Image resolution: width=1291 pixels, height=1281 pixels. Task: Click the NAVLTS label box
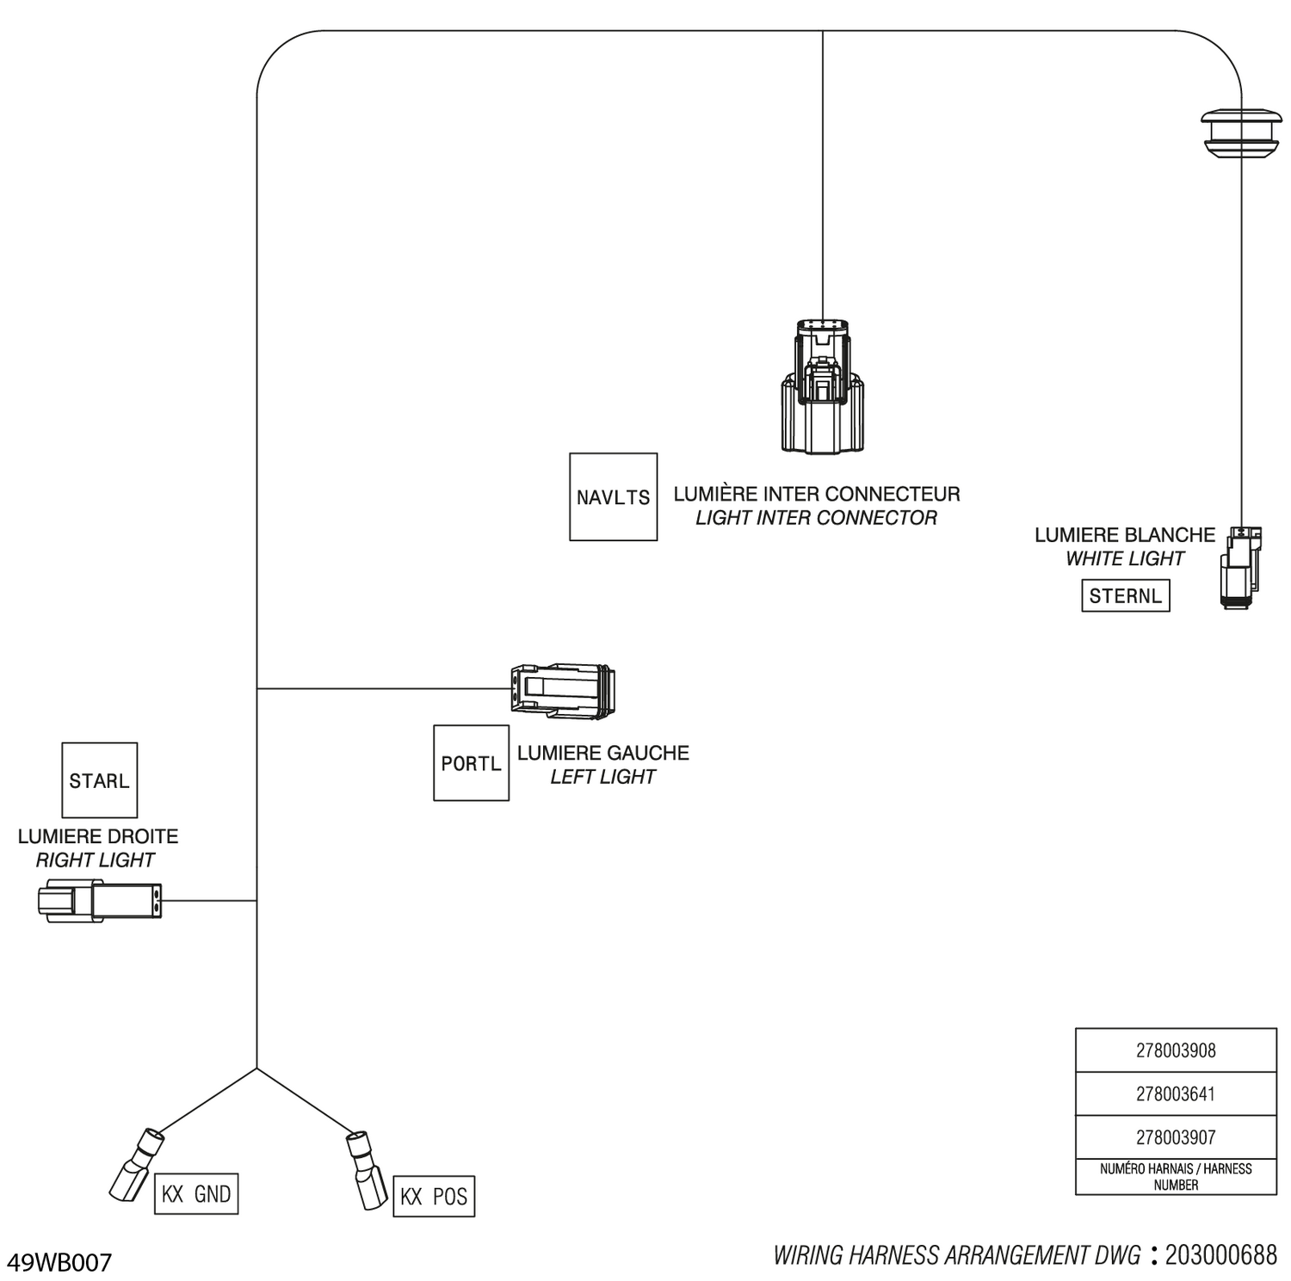tap(614, 497)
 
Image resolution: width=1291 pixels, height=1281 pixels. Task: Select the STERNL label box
tap(1126, 595)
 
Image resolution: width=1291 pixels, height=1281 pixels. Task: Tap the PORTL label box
tap(471, 763)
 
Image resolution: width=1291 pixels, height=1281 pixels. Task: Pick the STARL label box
tap(100, 780)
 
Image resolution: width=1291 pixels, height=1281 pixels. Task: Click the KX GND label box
tap(196, 1194)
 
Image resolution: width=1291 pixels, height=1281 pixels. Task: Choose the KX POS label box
tap(434, 1197)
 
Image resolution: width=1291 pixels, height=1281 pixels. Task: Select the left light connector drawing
tap(563, 690)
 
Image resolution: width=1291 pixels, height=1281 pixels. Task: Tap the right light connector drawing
tap(100, 901)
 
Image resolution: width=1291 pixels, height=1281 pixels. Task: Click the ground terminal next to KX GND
tap(137, 1164)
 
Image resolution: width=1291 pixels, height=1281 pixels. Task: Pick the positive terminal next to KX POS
tap(366, 1170)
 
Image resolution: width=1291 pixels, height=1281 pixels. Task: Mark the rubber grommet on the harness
tap(1241, 132)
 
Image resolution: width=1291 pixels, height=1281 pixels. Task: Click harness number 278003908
tap(1176, 1050)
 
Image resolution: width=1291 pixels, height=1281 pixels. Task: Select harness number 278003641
tap(1176, 1094)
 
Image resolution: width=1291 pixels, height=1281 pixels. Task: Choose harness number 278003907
tap(1176, 1137)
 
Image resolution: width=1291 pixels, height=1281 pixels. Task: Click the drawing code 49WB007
tap(59, 1262)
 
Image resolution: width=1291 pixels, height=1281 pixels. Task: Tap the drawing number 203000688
tap(1221, 1255)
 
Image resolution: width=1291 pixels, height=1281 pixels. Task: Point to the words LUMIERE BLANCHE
tap(1125, 535)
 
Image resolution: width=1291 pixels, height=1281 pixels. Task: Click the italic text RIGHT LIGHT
tap(96, 859)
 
